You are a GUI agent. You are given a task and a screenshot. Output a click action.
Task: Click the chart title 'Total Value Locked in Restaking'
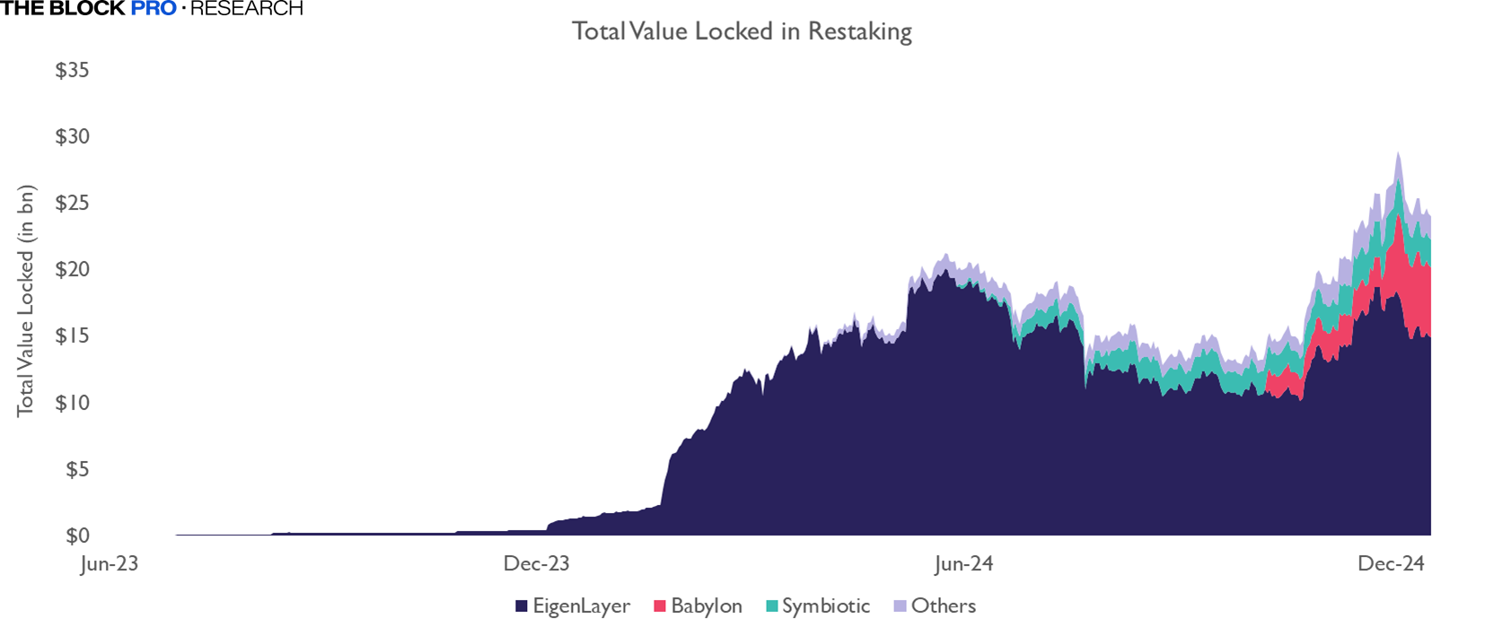coord(742,31)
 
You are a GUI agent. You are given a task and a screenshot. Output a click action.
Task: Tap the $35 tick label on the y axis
coord(72,70)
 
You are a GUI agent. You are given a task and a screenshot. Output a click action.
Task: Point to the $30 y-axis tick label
coord(72,136)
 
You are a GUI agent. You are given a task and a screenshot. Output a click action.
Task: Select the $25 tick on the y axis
coord(72,203)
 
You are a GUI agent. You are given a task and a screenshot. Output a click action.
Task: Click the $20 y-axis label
coord(72,269)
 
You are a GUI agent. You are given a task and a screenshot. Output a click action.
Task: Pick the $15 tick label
coord(72,335)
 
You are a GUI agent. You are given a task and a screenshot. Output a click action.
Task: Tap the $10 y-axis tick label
coord(72,402)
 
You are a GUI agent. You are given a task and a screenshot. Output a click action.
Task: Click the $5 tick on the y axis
coord(77,469)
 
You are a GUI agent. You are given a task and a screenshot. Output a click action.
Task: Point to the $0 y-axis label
coord(77,536)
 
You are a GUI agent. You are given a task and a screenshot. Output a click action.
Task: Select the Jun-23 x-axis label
coord(109,564)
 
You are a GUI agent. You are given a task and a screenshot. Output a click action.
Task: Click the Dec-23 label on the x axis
coord(536,564)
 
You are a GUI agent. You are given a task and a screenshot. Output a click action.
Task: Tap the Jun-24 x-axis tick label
coord(963,564)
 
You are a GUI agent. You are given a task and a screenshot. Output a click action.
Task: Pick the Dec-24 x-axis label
coord(1391,564)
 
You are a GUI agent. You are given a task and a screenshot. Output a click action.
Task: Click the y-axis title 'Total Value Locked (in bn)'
coord(25,301)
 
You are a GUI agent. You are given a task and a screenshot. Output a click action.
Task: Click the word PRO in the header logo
coord(154,9)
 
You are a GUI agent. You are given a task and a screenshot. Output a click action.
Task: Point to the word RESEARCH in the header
coord(246,9)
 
